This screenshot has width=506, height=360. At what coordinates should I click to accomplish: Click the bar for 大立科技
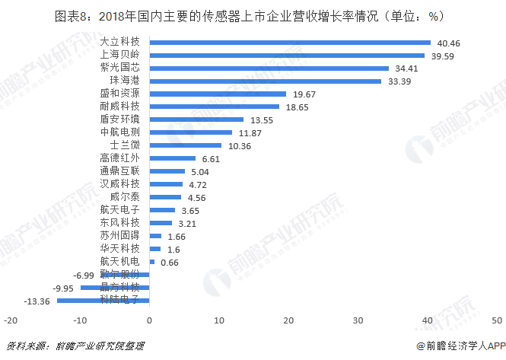point(290,43)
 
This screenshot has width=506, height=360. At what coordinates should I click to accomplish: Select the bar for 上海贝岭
point(287,56)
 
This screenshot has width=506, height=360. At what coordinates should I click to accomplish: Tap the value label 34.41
point(407,68)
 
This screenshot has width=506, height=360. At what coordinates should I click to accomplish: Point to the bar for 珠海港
point(266,81)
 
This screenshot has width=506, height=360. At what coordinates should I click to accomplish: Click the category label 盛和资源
point(120,94)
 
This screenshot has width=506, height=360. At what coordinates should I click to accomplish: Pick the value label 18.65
point(298,107)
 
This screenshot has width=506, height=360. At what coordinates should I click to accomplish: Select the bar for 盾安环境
point(196,119)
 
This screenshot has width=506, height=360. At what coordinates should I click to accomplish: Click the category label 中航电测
point(120,132)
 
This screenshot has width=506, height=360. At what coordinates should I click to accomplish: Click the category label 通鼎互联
point(120,171)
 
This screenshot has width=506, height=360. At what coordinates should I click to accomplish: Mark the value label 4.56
point(199,198)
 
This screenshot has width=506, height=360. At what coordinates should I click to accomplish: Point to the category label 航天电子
point(120,210)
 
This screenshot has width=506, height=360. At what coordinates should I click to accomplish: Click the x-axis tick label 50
point(497,320)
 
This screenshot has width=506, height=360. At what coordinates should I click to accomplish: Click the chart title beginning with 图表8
point(252,14)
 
